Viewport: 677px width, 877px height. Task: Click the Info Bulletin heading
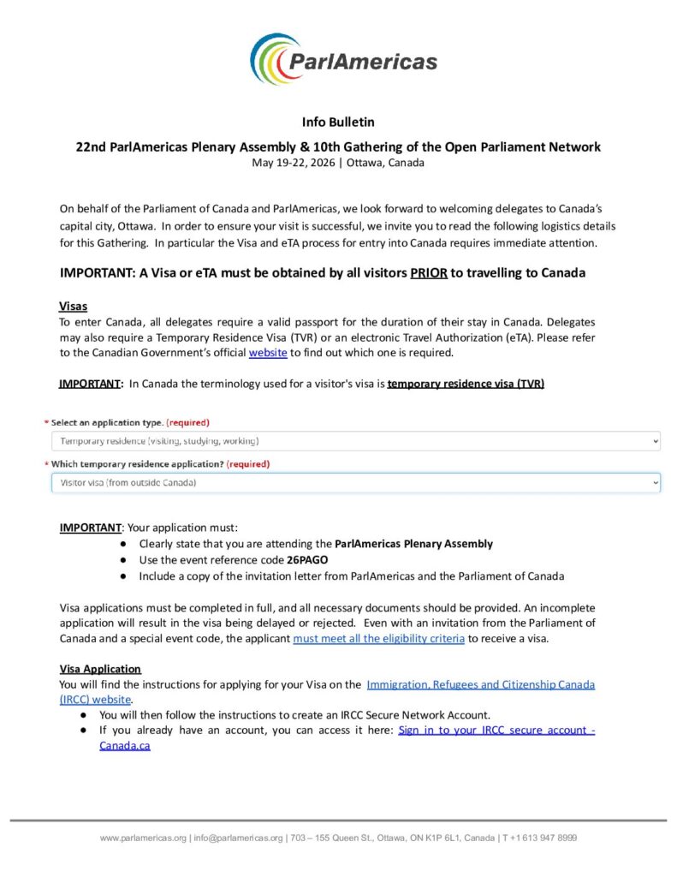pos(338,122)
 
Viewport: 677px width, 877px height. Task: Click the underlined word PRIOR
pos(428,273)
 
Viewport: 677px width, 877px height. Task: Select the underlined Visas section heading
pos(73,306)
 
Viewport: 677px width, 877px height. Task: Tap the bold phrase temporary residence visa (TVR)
pos(466,383)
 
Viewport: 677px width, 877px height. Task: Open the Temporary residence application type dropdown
pos(354,441)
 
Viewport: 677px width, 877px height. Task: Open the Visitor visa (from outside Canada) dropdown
pos(354,483)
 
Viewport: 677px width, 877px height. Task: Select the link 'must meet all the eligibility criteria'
pos(379,639)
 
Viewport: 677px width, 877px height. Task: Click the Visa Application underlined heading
pos(100,669)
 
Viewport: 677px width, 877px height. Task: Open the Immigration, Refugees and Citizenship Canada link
pos(480,684)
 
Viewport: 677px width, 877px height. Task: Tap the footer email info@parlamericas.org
pos(240,838)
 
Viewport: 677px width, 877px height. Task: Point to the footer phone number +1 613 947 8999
pos(543,838)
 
